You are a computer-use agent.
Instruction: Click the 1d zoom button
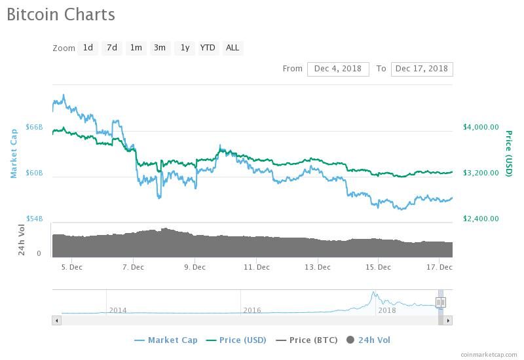(88, 48)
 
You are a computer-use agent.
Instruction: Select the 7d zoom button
(112, 48)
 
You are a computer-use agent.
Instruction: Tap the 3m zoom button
(160, 48)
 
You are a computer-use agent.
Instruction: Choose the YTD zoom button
(208, 48)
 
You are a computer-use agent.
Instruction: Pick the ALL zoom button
(233, 48)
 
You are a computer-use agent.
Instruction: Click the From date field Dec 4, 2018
(338, 69)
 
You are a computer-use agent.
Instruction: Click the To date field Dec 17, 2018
(422, 69)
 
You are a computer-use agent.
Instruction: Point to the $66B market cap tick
(35, 127)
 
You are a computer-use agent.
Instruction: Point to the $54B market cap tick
(35, 219)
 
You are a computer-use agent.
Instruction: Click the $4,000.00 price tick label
(481, 127)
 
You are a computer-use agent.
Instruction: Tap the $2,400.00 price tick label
(481, 219)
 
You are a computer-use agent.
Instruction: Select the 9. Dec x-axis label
(195, 267)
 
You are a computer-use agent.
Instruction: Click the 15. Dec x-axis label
(379, 267)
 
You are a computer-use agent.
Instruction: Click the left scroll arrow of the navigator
(57, 321)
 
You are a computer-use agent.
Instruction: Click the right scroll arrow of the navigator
(448, 321)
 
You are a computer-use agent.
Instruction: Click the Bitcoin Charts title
(61, 14)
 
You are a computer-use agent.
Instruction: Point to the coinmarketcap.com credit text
(489, 354)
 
